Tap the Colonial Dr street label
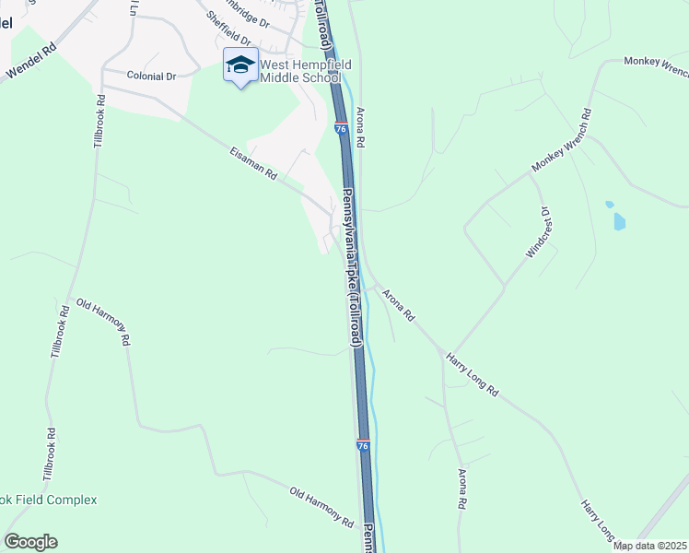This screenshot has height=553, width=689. coord(151,76)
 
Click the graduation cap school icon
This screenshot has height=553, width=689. coord(240,65)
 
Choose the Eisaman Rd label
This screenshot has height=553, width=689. coord(253,160)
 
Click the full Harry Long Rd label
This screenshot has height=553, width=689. coord(471,373)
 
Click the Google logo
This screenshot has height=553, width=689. coord(30,542)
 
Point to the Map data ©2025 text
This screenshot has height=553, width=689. coord(650,546)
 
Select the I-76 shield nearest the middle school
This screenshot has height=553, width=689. coord(341,129)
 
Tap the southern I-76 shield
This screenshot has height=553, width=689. coord(364,446)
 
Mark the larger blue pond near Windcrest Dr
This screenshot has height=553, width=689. coord(618,221)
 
